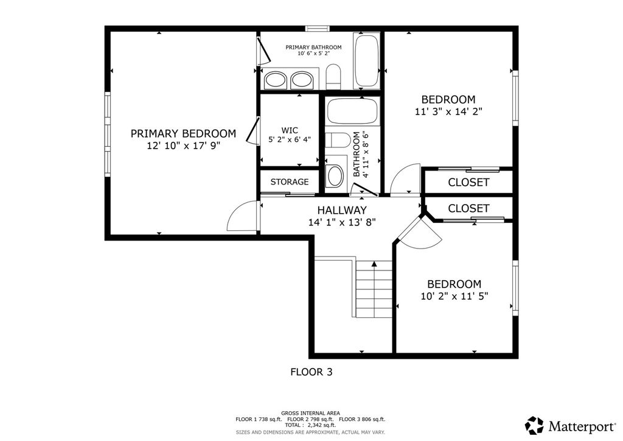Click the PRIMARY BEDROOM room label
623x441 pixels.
(x=183, y=133)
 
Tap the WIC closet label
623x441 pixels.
(x=290, y=130)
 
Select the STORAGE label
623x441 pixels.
(x=290, y=182)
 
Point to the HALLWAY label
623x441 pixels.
(x=342, y=210)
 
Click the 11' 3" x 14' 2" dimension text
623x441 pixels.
(x=448, y=111)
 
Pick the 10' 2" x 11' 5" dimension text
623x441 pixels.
(x=454, y=296)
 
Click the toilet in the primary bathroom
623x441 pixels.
(x=334, y=77)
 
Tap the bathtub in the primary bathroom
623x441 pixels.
(x=366, y=61)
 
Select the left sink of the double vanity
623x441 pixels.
(x=276, y=80)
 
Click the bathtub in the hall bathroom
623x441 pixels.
(x=352, y=111)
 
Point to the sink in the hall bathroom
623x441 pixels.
(x=335, y=176)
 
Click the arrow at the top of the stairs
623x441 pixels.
(x=374, y=264)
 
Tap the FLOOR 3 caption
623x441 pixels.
(x=311, y=372)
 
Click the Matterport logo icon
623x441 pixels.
(x=534, y=426)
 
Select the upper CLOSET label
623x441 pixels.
(x=468, y=183)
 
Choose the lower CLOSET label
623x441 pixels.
(x=468, y=208)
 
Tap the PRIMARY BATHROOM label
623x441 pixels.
(x=313, y=48)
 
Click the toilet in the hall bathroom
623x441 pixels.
(x=338, y=140)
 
